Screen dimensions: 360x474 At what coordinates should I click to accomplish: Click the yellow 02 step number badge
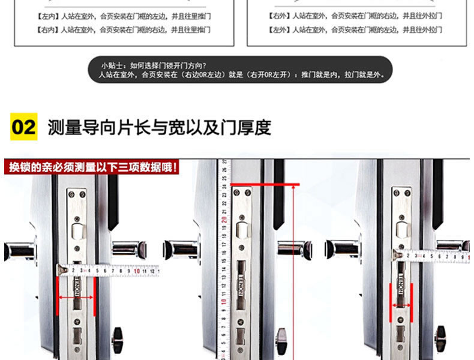coord(24,127)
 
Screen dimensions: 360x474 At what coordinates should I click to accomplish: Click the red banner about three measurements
coord(91,166)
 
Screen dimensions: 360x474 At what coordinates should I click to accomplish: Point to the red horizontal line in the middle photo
coord(264,184)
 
